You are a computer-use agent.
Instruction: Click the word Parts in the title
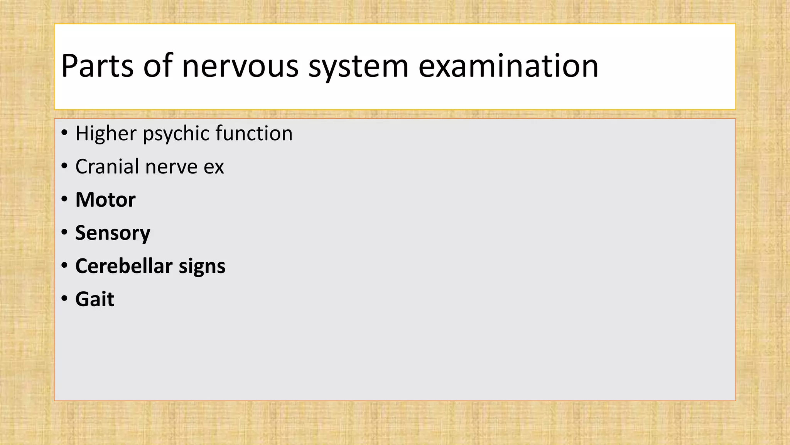click(x=97, y=66)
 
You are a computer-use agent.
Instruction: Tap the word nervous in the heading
click(x=240, y=66)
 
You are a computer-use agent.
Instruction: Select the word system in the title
click(x=358, y=66)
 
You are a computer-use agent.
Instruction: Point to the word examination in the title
click(x=508, y=66)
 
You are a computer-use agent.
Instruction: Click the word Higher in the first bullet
click(x=106, y=134)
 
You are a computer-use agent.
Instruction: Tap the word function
click(x=254, y=133)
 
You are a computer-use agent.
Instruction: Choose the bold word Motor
click(x=105, y=200)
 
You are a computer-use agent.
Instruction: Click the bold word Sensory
click(x=113, y=233)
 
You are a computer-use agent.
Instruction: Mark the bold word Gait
click(x=95, y=299)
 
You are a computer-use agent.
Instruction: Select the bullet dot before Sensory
click(x=64, y=233)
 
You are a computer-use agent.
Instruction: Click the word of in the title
click(x=158, y=66)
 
